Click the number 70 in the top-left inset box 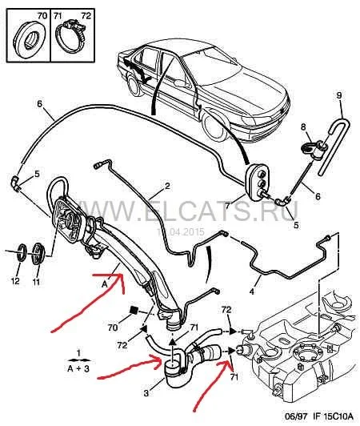coord(42,15)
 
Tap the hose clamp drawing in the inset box coord(70,34)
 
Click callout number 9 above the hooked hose coord(339,95)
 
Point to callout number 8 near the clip coord(303,127)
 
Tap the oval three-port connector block coord(258,183)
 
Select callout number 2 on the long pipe coord(167,186)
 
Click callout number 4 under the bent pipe coord(252,291)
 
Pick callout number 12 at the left coord(15,280)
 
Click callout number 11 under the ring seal coord(36,282)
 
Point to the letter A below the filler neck coord(105,284)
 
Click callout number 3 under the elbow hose coord(146,393)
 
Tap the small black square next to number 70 coord(134,310)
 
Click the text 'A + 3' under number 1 coord(78,368)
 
